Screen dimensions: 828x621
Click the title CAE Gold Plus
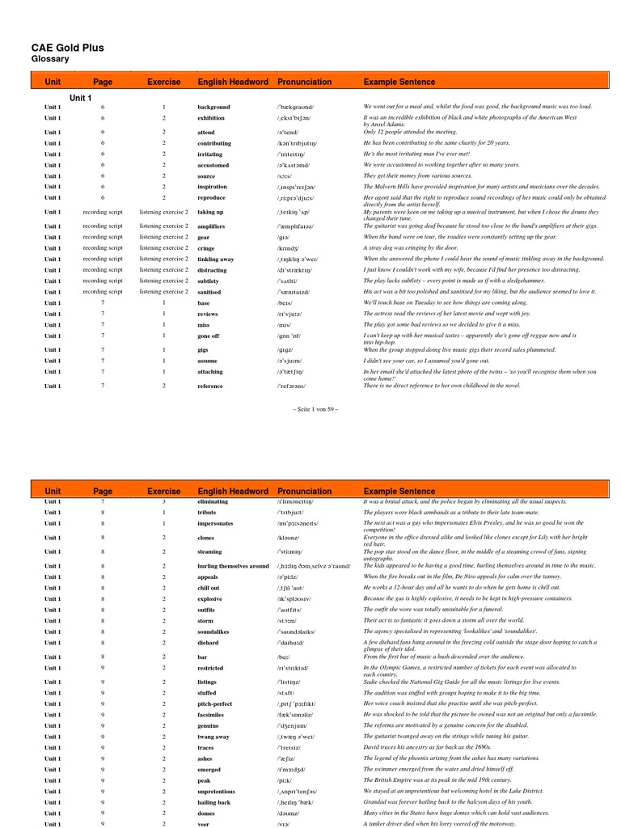point(67,48)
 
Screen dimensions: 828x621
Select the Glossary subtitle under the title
point(50,60)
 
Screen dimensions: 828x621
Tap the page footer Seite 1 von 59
point(310,409)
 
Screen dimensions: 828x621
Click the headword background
point(213,107)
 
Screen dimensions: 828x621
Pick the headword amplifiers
point(211,226)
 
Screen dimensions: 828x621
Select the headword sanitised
point(210,292)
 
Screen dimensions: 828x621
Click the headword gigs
point(204,349)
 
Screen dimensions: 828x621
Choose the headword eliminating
point(213,501)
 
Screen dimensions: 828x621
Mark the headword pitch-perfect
point(215,703)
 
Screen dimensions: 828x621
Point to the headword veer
point(204,823)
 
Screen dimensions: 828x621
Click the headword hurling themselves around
point(232,566)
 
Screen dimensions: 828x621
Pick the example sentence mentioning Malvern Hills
point(481,187)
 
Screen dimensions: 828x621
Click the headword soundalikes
point(215,631)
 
